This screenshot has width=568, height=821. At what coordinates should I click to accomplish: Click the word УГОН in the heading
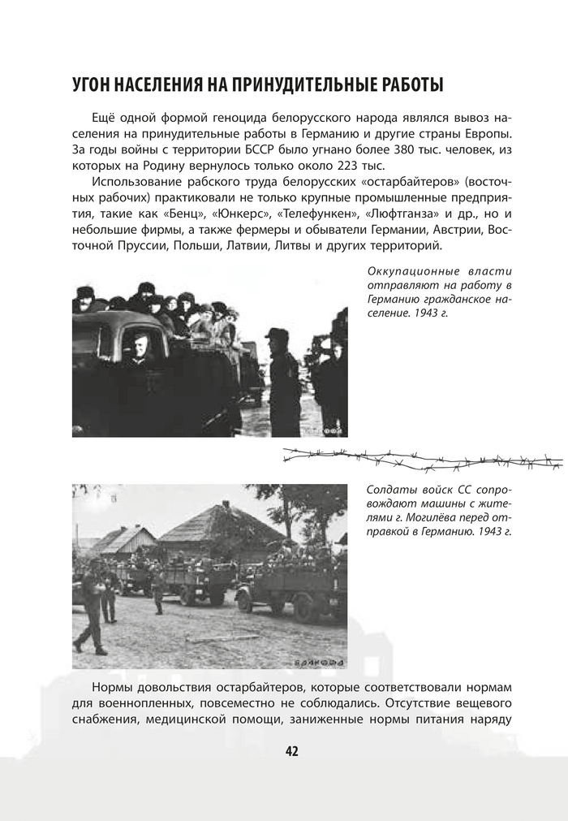(x=96, y=84)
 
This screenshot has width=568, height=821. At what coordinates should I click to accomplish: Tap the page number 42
(x=292, y=750)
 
